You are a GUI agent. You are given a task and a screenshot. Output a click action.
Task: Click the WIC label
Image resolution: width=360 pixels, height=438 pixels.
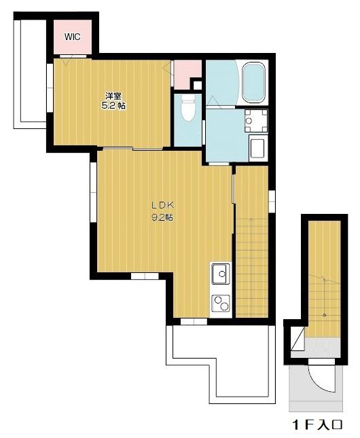pos(72,37)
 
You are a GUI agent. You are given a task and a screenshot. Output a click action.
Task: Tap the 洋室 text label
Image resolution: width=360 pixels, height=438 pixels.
pos(113,96)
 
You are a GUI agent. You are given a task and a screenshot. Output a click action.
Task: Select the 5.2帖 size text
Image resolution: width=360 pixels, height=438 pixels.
pos(114,106)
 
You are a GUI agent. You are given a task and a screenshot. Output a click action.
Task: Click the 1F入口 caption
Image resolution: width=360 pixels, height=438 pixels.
pos(317,425)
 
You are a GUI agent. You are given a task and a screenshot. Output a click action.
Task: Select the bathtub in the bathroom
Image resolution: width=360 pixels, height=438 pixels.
pos(254,81)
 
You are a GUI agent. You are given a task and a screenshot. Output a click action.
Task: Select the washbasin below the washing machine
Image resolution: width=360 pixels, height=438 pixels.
pos(257,147)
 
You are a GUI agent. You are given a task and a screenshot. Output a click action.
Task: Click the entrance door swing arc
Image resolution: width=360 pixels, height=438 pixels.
pos(323,378)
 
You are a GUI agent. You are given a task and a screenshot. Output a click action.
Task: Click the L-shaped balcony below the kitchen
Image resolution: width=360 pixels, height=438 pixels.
pos(224,367)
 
